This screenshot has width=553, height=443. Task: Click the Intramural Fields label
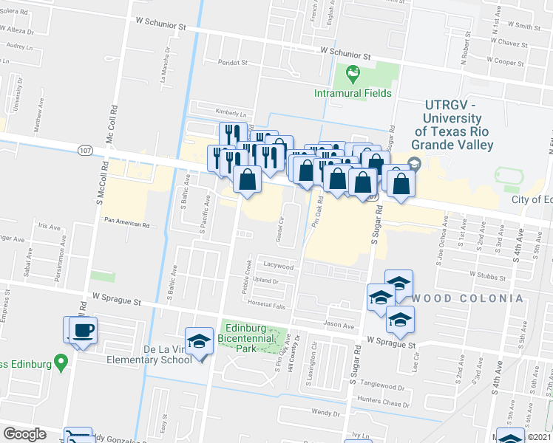pyautogui.click(x=353, y=94)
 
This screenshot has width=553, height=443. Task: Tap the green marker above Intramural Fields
pyautogui.click(x=353, y=73)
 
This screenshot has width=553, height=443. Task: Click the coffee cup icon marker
pyautogui.click(x=84, y=330)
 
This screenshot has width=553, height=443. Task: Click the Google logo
pyautogui.click(x=24, y=434)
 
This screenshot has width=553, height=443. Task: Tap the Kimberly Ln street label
pyautogui.click(x=231, y=114)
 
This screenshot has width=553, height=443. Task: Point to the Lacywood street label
pyautogui.click(x=278, y=267)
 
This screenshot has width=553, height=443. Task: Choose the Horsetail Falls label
pyautogui.click(x=266, y=303)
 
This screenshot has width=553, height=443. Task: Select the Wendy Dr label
pyautogui.click(x=325, y=413)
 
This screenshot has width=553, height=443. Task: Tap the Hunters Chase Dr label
pyautogui.click(x=382, y=403)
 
